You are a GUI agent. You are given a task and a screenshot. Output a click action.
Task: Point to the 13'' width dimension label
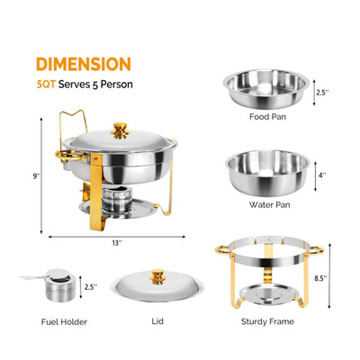click(x=116, y=242)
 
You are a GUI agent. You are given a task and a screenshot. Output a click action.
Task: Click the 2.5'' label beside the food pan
click(x=322, y=92)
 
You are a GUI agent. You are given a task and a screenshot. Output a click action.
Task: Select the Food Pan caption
click(x=270, y=116)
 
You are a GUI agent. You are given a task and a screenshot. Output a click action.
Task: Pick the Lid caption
click(x=158, y=320)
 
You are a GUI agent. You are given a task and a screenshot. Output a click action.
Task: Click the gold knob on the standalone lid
click(x=158, y=276)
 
